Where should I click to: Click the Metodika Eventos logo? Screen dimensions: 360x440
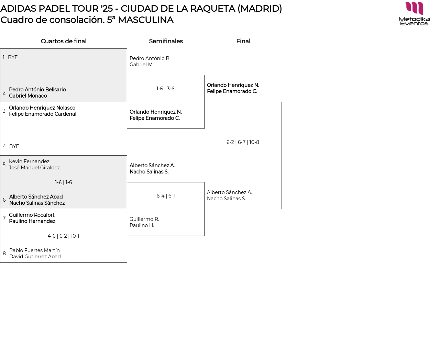tap(414, 14)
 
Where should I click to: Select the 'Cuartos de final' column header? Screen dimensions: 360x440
tap(64, 41)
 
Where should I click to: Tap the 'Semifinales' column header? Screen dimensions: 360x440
tap(166, 41)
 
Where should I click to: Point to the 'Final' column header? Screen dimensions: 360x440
tap(243, 41)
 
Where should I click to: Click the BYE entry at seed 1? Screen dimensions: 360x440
tap(13, 57)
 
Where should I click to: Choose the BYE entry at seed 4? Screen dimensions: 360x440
tap(14, 146)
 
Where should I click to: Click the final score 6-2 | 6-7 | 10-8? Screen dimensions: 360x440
tap(243, 142)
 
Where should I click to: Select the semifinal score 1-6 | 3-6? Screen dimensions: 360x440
tap(165, 89)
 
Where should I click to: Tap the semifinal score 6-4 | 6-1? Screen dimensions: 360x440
tap(166, 196)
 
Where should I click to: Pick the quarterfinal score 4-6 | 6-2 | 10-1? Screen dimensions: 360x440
tap(63, 236)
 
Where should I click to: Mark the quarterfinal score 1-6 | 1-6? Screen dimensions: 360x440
tap(64, 182)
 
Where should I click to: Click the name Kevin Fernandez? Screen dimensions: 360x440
tap(29, 161)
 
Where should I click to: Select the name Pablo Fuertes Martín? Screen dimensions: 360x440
tap(34, 250)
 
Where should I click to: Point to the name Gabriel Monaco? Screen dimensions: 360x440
tap(28, 96)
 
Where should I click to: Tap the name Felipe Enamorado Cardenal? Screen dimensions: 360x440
tap(43, 114)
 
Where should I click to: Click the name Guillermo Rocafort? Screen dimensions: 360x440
tap(32, 215)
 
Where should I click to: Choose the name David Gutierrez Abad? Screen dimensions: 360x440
tap(35, 257)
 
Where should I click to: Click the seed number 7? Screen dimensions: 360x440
tap(4, 218)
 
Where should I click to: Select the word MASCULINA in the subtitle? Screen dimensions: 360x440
tap(145, 20)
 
